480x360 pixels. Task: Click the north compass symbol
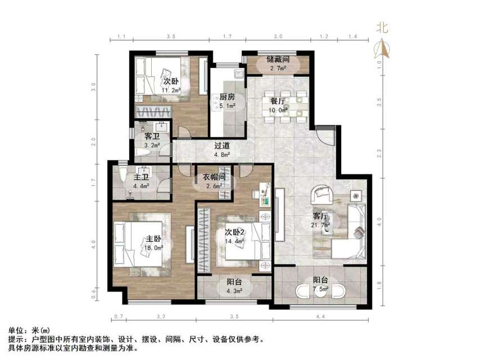point(384,42)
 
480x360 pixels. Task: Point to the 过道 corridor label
point(222,145)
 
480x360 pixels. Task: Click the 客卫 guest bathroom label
point(152,136)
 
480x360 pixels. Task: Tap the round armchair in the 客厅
point(323,195)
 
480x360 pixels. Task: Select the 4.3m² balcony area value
point(234,291)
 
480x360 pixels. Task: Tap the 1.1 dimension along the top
point(121,37)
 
